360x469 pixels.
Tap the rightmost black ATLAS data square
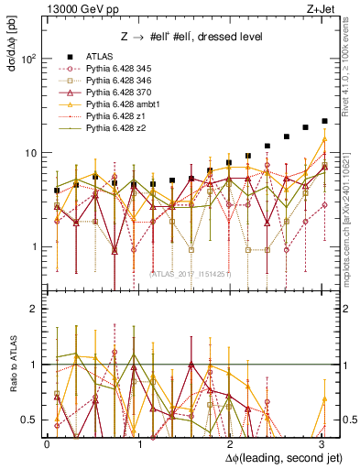tap(324, 121)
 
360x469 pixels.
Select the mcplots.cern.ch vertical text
tap(351, 220)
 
